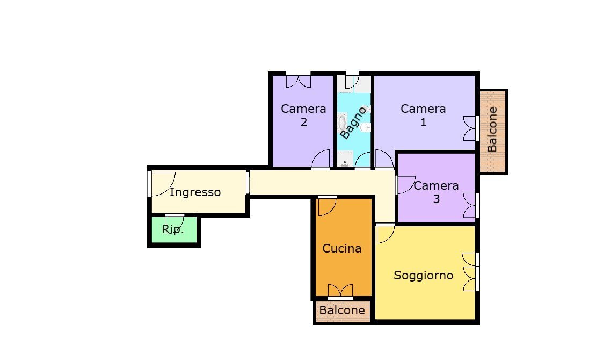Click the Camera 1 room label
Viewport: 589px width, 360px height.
[423, 116]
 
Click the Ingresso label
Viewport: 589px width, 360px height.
[195, 192]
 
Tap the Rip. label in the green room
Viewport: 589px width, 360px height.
[173, 229]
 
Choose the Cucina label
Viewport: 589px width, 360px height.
[341, 249]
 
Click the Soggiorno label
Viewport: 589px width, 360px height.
[423, 276]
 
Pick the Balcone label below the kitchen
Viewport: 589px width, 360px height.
[342, 311]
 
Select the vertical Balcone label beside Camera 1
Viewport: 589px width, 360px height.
[492, 129]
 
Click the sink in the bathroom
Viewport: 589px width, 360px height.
[342, 123]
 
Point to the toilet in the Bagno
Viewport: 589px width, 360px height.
[365, 128]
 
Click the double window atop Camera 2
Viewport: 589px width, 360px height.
[298, 80]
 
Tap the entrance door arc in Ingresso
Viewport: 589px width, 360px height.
[162, 184]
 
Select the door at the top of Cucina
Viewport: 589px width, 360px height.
[326, 206]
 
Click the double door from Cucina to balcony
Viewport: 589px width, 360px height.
[340, 291]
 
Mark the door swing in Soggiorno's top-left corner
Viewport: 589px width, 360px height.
[385, 233]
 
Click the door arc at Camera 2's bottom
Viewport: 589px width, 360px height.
[322, 159]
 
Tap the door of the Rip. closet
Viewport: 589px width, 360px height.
[176, 222]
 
